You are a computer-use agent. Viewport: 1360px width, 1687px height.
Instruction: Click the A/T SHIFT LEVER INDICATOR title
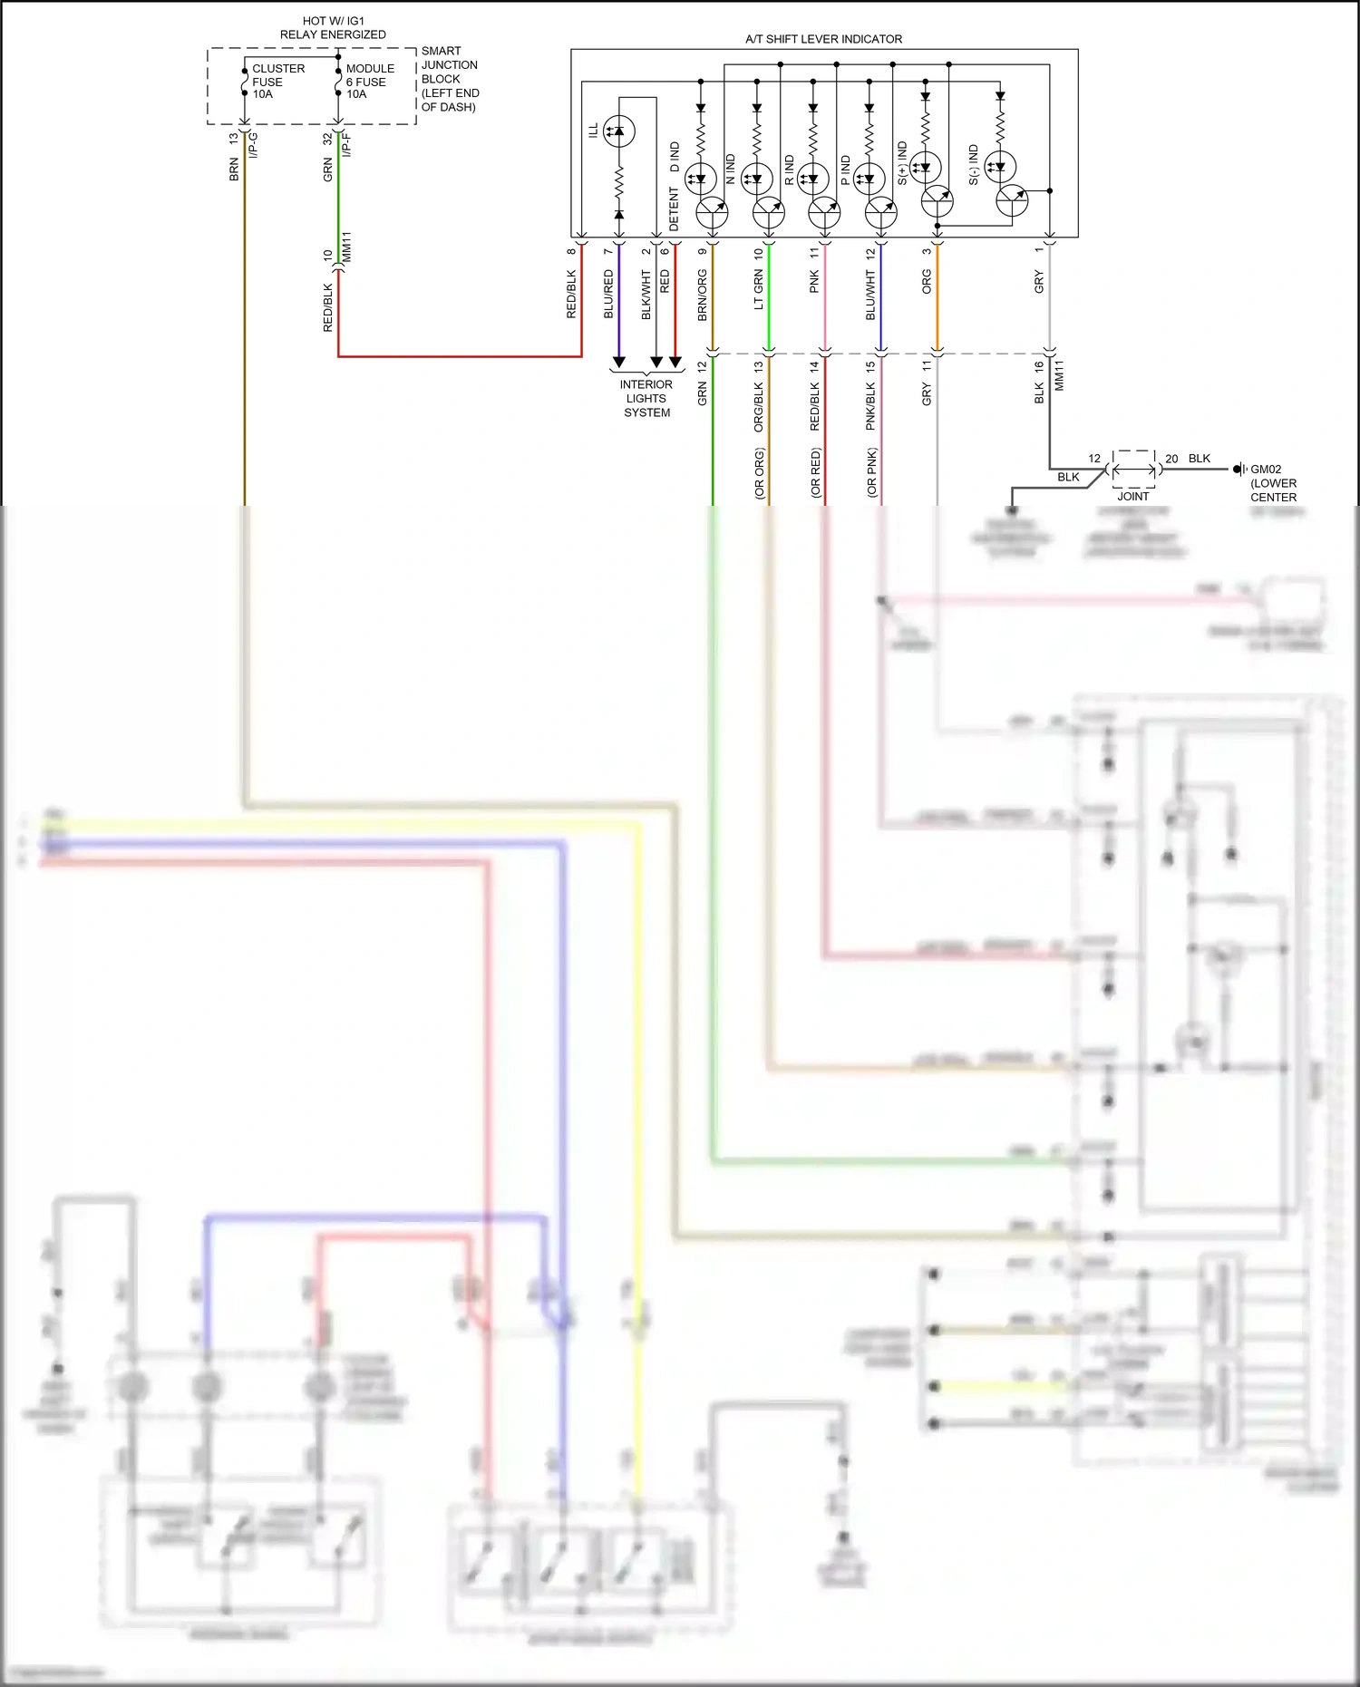tap(823, 39)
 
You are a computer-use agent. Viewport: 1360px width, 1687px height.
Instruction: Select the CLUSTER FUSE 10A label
tap(277, 82)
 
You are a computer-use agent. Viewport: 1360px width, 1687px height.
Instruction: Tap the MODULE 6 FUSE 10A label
tap(369, 82)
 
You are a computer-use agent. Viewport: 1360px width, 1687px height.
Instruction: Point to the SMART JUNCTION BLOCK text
tap(450, 79)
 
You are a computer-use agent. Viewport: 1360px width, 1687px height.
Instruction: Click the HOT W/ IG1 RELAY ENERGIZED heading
tap(333, 27)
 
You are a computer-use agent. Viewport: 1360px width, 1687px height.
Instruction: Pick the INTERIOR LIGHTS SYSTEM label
tap(646, 398)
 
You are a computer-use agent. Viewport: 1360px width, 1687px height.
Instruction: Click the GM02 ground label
tap(1272, 482)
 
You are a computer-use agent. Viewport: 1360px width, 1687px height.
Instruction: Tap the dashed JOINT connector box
tap(1133, 470)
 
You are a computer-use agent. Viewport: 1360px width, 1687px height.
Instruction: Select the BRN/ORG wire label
tap(703, 295)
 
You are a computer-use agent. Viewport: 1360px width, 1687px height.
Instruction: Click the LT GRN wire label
tap(759, 290)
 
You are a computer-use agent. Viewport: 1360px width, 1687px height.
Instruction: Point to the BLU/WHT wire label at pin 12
tap(870, 295)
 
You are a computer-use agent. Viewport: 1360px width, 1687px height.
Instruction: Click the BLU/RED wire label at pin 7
tap(608, 293)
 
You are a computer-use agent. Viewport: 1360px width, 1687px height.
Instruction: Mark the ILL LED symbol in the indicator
tap(619, 131)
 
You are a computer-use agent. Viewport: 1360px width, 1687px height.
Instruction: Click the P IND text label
tap(845, 170)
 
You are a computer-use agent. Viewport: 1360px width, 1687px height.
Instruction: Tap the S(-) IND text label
tap(974, 165)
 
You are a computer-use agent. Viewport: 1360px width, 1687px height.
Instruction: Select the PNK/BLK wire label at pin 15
tap(870, 405)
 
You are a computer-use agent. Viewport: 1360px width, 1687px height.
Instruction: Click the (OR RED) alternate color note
tap(815, 472)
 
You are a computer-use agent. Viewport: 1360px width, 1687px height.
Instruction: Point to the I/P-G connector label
tap(253, 145)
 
